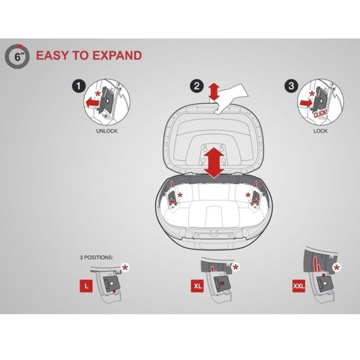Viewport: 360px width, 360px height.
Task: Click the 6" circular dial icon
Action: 17,56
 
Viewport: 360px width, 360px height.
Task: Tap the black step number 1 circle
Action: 78,86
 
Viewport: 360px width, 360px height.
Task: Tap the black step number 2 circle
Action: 197,86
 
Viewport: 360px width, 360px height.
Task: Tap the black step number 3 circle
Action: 291,86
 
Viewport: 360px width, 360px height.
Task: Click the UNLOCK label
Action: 107,131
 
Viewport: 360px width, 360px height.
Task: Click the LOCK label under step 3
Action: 320,131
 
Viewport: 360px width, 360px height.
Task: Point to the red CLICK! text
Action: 320,112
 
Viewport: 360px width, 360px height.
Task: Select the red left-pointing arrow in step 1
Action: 93,102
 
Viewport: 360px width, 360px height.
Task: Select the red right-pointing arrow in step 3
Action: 306,102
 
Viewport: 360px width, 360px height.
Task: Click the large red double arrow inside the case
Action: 214,162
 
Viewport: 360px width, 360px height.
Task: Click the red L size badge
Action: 86,286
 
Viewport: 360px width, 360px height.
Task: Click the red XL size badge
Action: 197,286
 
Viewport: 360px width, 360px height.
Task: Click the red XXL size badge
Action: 298,286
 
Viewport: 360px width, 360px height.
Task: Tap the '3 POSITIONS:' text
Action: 96,257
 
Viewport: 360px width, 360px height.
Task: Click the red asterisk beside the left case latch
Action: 180,195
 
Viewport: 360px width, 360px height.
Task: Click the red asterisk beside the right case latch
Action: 247,195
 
